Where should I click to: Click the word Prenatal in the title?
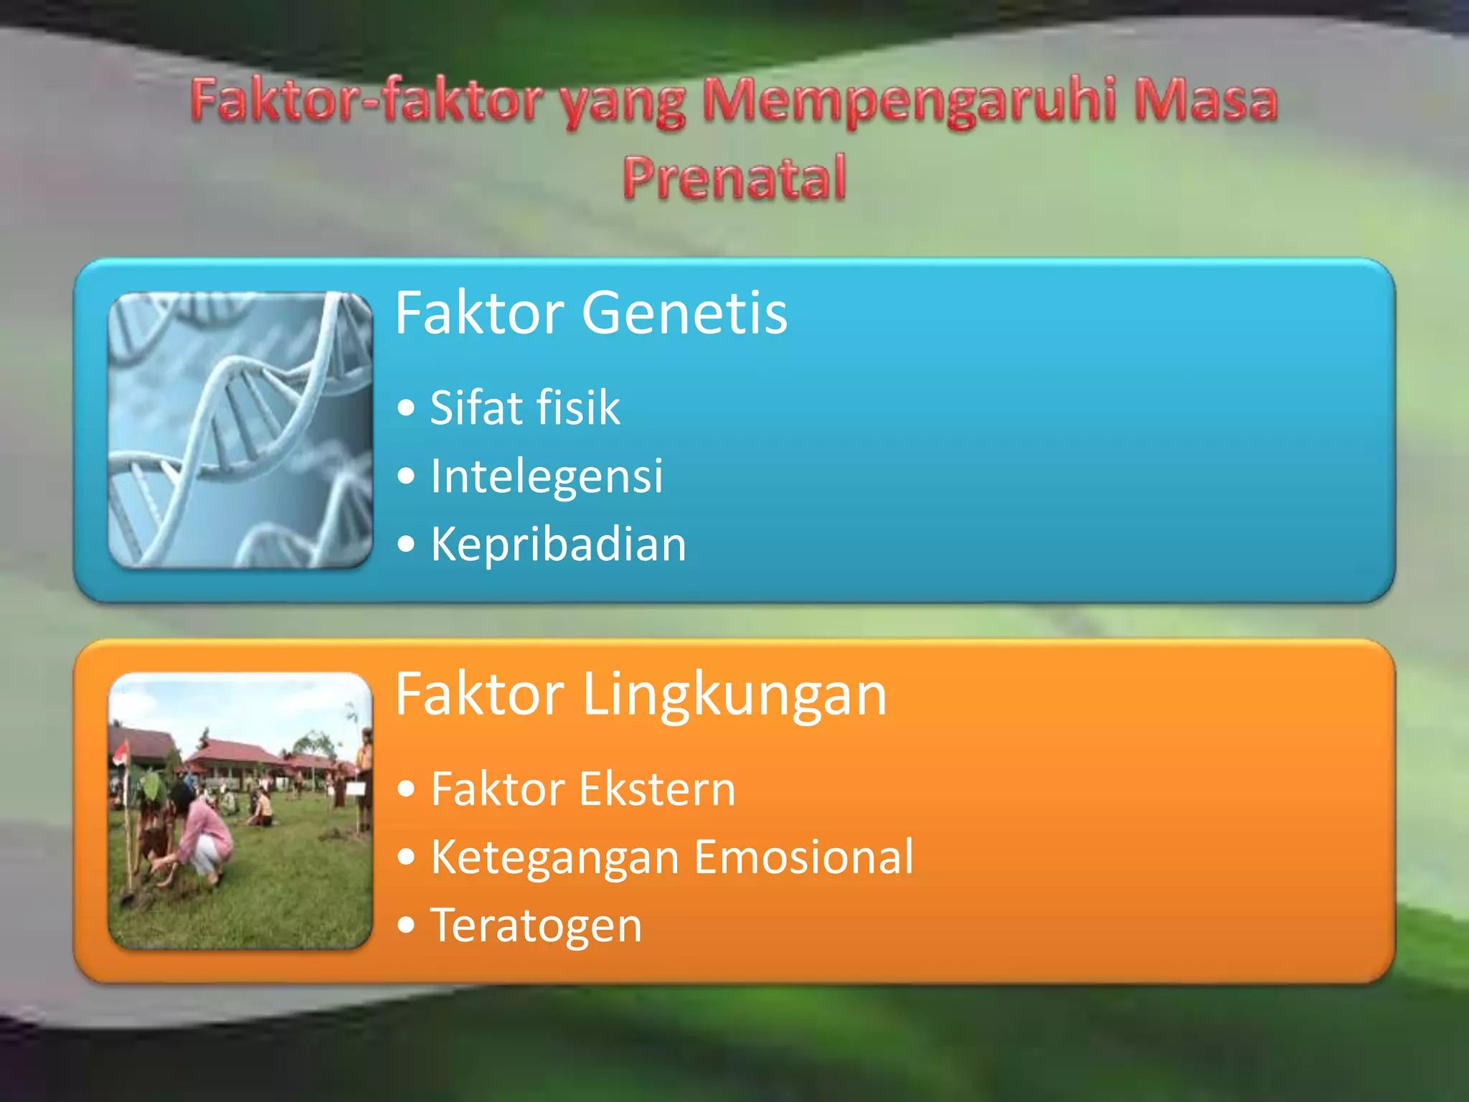734,177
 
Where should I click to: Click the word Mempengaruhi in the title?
910,101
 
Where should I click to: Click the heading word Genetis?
684,313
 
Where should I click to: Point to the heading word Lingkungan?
734,694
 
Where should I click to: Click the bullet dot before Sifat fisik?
406,408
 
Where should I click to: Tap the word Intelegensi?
547,476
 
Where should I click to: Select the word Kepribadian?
558,544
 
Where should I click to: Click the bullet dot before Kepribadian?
406,544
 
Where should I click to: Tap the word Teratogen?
536,926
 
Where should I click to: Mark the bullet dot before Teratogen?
406,925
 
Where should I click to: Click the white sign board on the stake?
356,789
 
